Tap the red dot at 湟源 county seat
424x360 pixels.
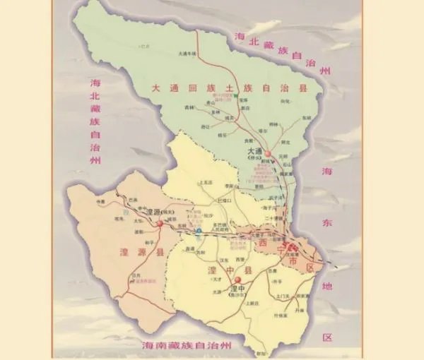tap(160, 222)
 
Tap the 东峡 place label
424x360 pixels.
tap(306, 118)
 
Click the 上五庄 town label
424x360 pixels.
tap(206, 182)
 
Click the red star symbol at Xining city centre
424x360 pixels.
tap(291, 246)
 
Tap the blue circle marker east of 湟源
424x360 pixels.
tap(199, 230)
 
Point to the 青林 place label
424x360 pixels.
tap(189, 107)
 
